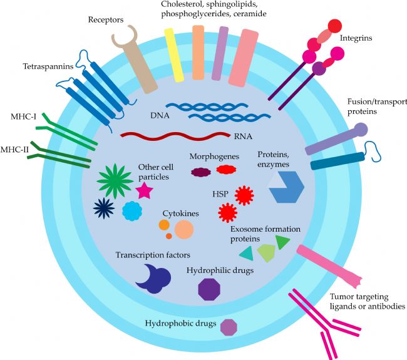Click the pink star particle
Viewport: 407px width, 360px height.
(144, 190)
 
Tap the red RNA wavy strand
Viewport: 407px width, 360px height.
(175, 135)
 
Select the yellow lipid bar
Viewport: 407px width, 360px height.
(174, 55)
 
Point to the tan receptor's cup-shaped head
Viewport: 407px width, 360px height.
(125, 36)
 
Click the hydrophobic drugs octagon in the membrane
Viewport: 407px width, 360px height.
(229, 327)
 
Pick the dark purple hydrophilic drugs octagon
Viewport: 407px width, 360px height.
(209, 289)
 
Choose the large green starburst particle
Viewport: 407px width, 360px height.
(115, 181)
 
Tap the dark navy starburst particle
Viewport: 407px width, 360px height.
(104, 208)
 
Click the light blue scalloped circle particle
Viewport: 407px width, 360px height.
(132, 211)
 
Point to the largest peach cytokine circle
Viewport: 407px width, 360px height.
(184, 230)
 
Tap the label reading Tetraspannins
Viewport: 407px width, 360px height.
(48, 66)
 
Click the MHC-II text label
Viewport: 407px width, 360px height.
(14, 150)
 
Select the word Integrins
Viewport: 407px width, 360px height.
(356, 38)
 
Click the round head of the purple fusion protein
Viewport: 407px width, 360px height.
(361, 129)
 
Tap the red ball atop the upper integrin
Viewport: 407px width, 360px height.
(335, 26)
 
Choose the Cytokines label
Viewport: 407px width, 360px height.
(181, 213)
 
